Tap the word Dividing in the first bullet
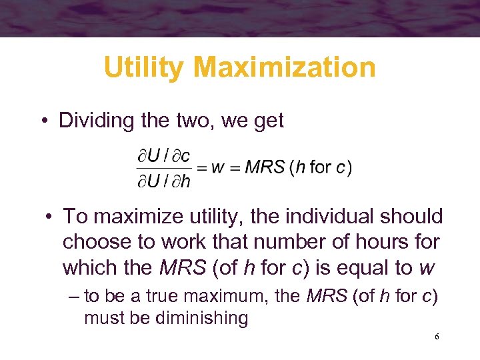pos(96,121)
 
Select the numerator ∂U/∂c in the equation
pos(163,156)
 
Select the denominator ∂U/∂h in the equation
pos(163,180)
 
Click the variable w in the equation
pos(217,167)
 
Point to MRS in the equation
pos(265,167)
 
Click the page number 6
pos(437,337)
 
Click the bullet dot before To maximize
pos(49,217)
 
